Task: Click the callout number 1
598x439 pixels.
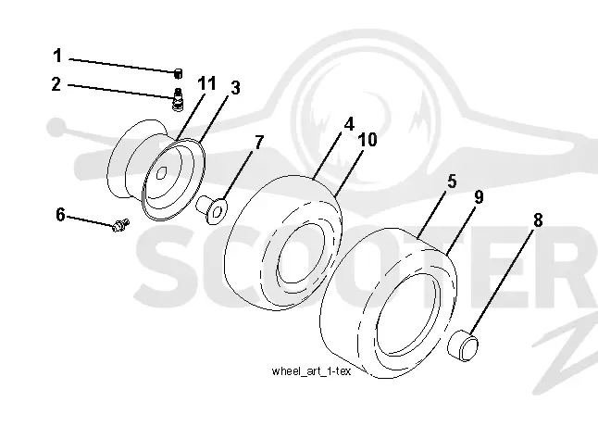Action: pyautogui.click(x=57, y=56)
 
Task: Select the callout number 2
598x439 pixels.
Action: pyautogui.click(x=56, y=84)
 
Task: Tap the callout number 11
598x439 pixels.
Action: pyautogui.click(x=207, y=83)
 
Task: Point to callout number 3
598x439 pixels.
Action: pyautogui.click(x=236, y=88)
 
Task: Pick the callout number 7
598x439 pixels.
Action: pyautogui.click(x=259, y=143)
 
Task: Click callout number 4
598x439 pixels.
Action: pyautogui.click(x=349, y=124)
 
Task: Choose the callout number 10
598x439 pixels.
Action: pyautogui.click(x=368, y=140)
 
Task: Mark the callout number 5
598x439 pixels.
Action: pyautogui.click(x=452, y=182)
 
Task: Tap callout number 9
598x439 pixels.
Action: pyautogui.click(x=479, y=197)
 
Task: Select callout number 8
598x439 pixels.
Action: pyautogui.click(x=538, y=220)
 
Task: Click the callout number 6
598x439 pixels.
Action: pyautogui.click(x=61, y=215)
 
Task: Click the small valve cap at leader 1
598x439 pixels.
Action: pyautogui.click(x=178, y=73)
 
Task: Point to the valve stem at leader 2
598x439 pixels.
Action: pyautogui.click(x=178, y=99)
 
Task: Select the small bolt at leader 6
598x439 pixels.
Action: pyautogui.click(x=120, y=225)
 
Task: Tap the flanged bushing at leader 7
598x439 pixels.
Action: pyautogui.click(x=211, y=209)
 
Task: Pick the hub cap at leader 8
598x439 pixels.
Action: pyautogui.click(x=463, y=345)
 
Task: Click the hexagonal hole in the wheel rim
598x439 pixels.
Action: pyautogui.click(x=161, y=172)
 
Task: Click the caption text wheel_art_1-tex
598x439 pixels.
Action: pyautogui.click(x=311, y=371)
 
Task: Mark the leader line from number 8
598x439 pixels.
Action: pyautogui.click(x=502, y=282)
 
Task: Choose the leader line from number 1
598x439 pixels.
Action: pyautogui.click(x=122, y=65)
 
